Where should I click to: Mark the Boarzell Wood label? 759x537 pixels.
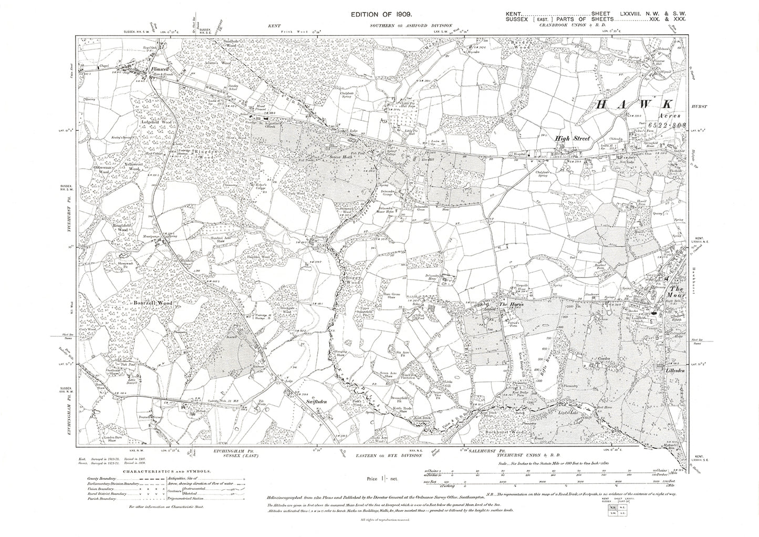[153, 303]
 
